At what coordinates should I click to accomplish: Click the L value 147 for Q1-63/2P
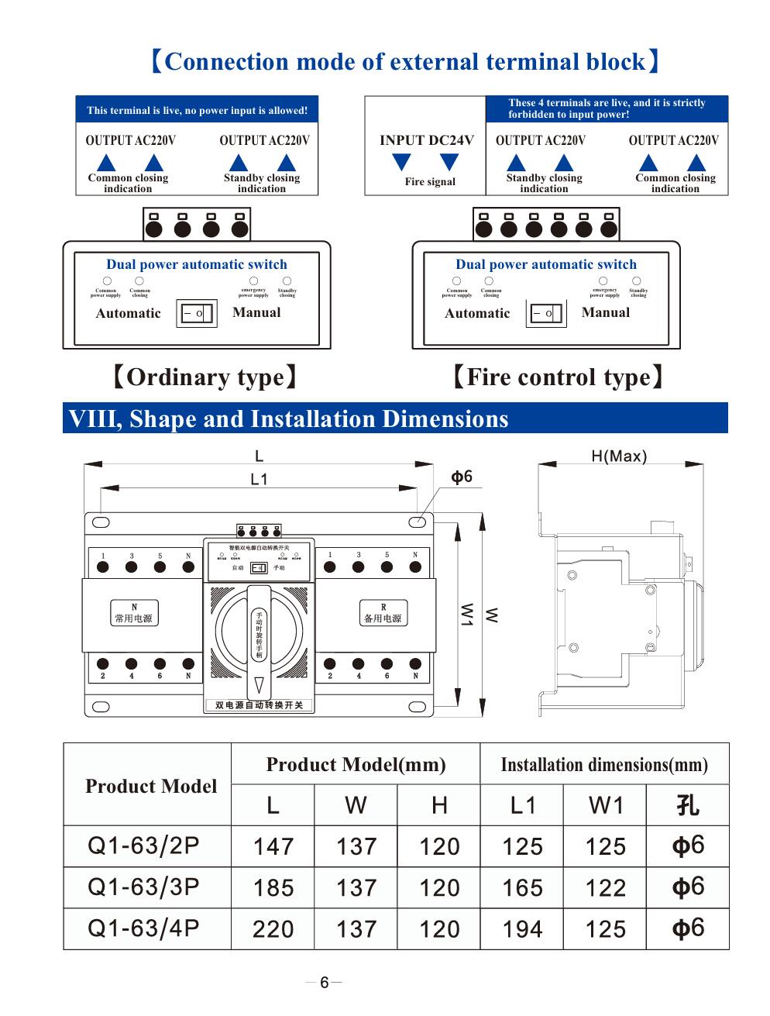[x=273, y=846]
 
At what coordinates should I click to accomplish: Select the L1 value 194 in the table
[x=522, y=928]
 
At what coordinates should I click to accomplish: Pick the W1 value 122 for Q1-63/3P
[x=605, y=887]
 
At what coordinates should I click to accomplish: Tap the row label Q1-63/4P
[x=144, y=928]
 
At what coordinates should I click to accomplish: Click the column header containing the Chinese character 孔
[x=687, y=805]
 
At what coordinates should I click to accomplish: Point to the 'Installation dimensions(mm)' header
[x=604, y=765]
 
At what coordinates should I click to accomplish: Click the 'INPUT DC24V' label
[x=426, y=140]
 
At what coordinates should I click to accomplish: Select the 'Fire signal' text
[x=430, y=182]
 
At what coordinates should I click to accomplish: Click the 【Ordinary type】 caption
[x=205, y=377]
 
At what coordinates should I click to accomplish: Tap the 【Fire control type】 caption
[x=558, y=377]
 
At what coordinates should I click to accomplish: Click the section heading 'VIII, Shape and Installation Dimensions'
[x=289, y=418]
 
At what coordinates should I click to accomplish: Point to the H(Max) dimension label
[x=618, y=456]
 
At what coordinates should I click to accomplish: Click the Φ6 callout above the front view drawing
[x=462, y=477]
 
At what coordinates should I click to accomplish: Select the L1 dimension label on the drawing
[x=259, y=480]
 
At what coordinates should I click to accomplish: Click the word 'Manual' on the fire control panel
[x=605, y=312]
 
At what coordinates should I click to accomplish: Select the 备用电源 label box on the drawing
[x=383, y=613]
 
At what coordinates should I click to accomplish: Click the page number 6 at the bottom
[x=325, y=983]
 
